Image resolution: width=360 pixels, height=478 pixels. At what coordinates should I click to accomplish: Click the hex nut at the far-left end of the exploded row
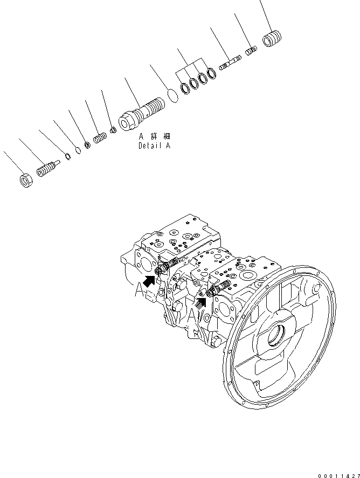[x=26, y=181]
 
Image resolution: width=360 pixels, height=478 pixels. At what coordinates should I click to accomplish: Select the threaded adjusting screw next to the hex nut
[x=47, y=170]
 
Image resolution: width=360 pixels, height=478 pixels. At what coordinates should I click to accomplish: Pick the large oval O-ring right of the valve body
[x=172, y=95]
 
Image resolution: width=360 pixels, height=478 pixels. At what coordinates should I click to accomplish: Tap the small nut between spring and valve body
[x=113, y=130]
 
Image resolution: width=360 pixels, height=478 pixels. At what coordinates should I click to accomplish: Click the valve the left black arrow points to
[x=164, y=266]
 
